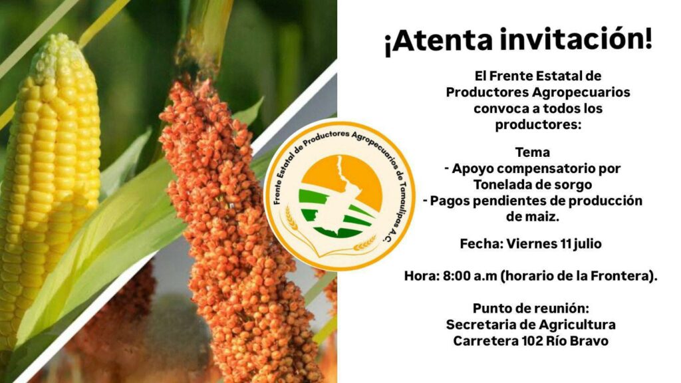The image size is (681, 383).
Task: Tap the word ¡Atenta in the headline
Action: pos(439,41)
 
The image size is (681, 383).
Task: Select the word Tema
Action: pos(533,152)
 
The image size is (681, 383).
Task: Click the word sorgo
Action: pos(571,186)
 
